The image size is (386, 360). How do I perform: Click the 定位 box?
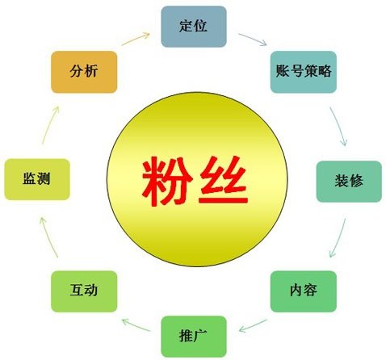coord(194,27)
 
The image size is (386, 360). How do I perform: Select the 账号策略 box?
coord(304,72)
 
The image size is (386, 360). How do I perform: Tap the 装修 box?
coord(349,182)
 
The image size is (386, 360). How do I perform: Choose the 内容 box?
coord(304,291)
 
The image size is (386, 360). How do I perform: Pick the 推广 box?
coord(194,337)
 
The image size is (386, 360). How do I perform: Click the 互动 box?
coord(84,291)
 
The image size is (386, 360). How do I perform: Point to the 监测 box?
coord(37,179)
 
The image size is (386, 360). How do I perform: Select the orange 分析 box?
coord(84,72)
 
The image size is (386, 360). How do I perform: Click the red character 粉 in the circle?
coord(167,181)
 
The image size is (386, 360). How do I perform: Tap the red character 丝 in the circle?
coord(223,179)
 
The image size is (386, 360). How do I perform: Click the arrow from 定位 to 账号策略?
coord(253,40)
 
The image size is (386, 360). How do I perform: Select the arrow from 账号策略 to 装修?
coord(339,126)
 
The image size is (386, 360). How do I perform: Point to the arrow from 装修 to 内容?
coord(338,238)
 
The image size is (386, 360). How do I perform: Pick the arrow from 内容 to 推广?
coord(253,326)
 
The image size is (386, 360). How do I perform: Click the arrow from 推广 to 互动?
coord(136,325)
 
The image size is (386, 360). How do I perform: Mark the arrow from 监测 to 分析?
coord(50,125)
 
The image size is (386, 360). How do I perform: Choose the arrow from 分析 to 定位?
coord(136,39)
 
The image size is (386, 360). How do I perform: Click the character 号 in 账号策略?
coord(296,71)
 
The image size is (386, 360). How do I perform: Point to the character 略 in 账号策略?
coord(324,71)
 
